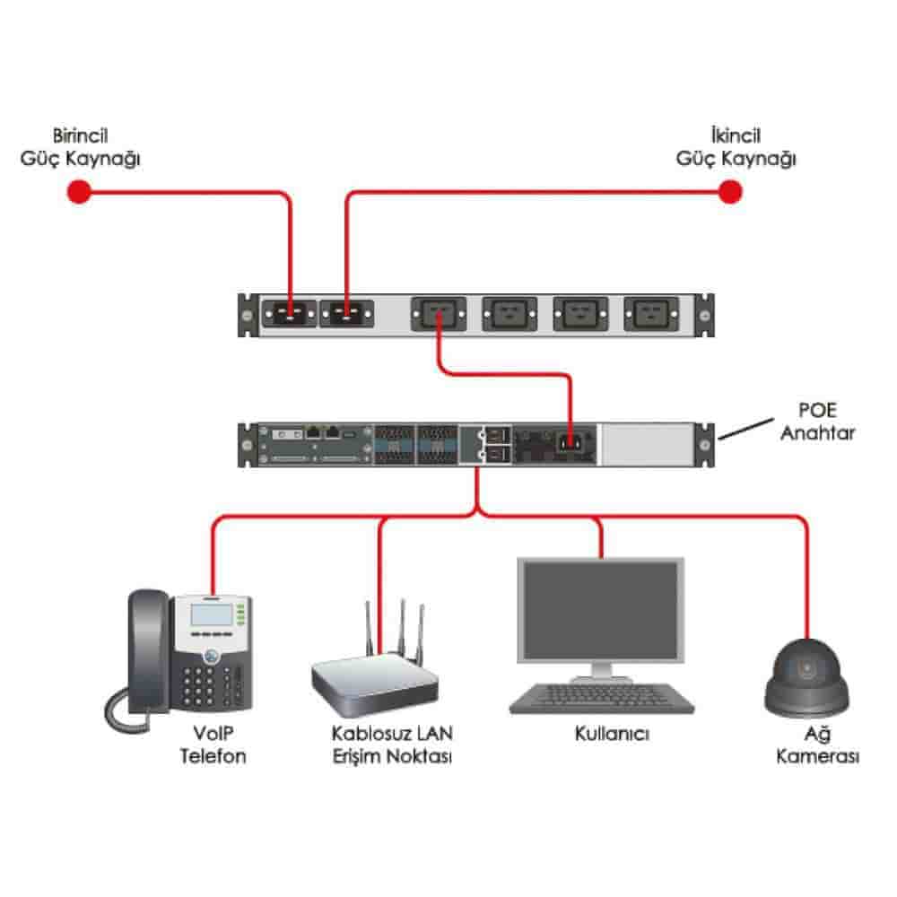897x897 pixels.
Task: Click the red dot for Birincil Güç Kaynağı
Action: coord(80,191)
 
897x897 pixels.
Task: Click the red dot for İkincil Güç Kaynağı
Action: coord(731,191)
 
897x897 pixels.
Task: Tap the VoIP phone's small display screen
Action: coord(211,615)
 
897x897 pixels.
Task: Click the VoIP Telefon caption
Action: coord(213,745)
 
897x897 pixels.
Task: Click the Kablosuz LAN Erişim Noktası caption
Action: coord(392,745)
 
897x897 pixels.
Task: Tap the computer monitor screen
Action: coord(600,610)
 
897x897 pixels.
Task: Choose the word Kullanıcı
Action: coord(613,734)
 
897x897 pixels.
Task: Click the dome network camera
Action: coord(806,677)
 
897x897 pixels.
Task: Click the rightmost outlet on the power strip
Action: coord(652,314)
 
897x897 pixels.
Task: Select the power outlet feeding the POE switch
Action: coord(438,314)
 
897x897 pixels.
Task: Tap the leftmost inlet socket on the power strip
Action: coord(289,314)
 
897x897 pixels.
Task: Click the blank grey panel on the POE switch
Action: coord(646,443)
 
